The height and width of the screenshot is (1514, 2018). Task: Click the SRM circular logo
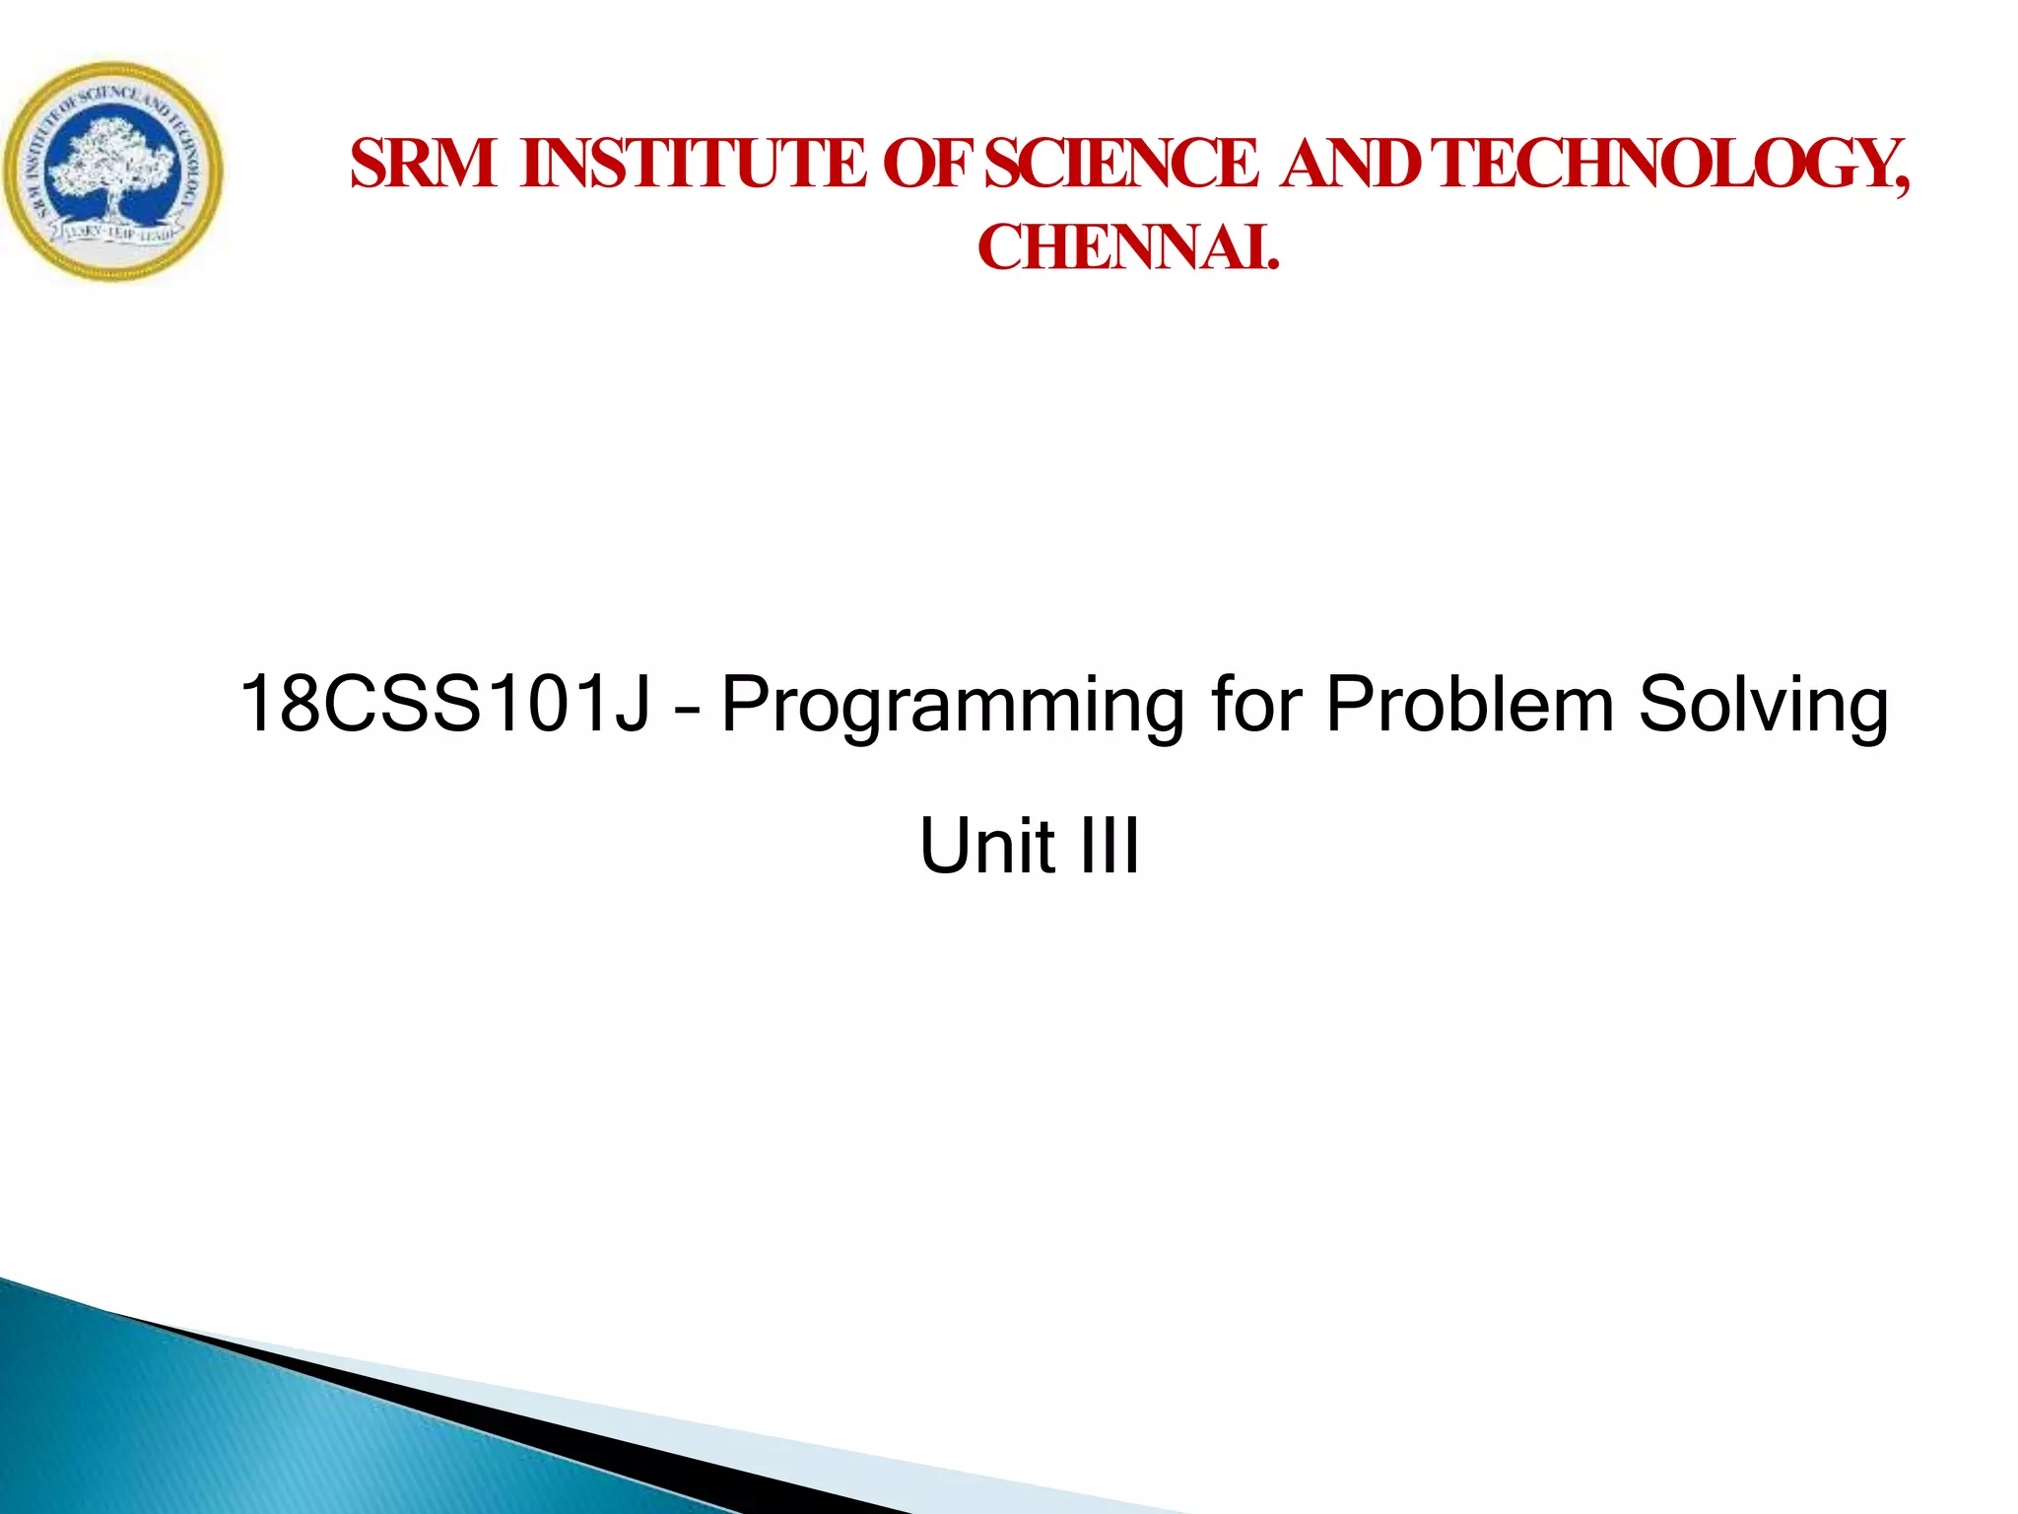click(x=113, y=172)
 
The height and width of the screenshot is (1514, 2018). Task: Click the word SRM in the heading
click(x=423, y=164)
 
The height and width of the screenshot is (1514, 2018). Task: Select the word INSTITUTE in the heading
click(x=693, y=164)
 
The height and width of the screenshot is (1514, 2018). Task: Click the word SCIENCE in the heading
click(x=1121, y=164)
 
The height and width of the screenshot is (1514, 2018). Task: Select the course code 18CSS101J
click(x=444, y=704)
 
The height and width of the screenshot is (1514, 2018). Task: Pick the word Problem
click(x=1469, y=704)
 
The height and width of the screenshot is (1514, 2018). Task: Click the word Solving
click(x=1764, y=706)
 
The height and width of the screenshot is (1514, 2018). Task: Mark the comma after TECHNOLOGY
click(x=1901, y=187)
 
